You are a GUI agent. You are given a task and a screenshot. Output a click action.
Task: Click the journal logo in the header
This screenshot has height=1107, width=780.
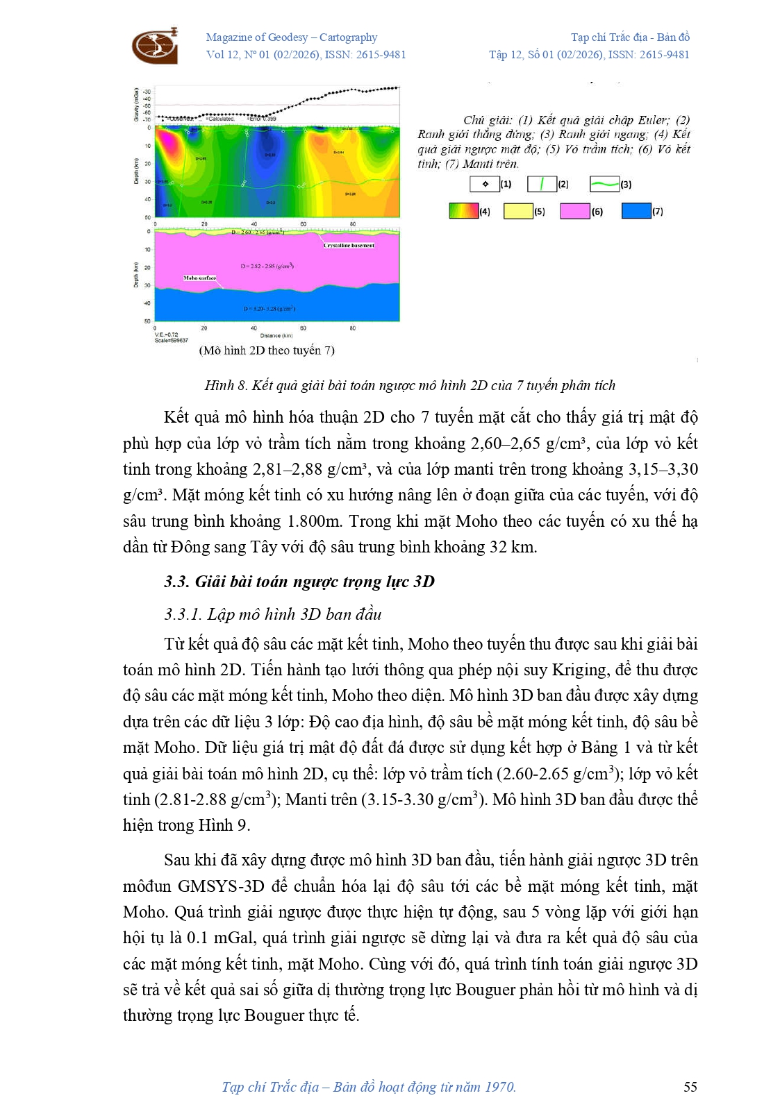coord(155,46)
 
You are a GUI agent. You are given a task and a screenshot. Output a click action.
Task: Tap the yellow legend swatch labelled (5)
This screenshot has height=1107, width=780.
coord(517,211)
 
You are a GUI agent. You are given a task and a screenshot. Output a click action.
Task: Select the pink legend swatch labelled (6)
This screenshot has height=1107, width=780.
coord(574,211)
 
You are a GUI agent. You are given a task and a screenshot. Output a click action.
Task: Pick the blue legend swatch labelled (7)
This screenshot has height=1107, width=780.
coord(636,211)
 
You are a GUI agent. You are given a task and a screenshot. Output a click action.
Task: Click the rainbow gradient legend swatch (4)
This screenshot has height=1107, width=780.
coord(463,211)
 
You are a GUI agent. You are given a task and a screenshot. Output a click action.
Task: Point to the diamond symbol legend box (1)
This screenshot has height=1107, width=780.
coord(485,184)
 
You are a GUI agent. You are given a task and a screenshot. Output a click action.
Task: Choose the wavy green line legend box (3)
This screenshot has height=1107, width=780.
coord(604,184)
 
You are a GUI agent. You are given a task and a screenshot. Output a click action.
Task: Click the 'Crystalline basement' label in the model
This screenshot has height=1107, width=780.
coord(349,245)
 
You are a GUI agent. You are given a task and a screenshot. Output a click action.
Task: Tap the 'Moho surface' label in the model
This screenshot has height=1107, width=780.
coord(199,278)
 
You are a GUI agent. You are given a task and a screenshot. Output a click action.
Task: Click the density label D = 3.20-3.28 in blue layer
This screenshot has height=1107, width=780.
coord(269,308)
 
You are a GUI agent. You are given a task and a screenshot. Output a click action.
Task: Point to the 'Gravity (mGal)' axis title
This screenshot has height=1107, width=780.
coord(137,105)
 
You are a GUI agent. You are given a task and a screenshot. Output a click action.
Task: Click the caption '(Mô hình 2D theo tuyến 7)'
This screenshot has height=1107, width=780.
coord(267,350)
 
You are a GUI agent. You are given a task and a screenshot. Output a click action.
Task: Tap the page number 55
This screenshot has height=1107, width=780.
coord(690,1087)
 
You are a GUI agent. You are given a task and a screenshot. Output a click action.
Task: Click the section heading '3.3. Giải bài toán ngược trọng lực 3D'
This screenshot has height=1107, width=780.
coord(299,582)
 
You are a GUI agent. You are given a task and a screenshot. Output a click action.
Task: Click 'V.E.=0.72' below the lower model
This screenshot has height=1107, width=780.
coord(167,335)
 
